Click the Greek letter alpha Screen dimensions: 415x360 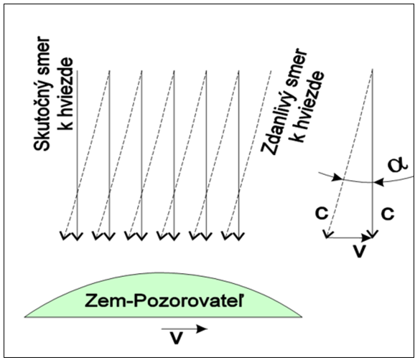click(x=398, y=164)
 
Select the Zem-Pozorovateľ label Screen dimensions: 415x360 click(x=164, y=300)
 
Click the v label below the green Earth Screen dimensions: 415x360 click(x=176, y=338)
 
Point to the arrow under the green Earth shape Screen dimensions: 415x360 click(x=185, y=329)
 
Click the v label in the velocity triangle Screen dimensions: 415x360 click(x=359, y=251)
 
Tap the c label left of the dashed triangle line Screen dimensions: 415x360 click(x=322, y=213)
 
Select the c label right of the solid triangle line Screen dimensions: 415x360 click(x=388, y=213)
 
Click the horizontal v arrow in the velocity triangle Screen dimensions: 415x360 click(x=350, y=238)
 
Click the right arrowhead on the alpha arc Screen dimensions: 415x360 click(x=378, y=182)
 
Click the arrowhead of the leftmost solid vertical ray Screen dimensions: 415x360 click(x=78, y=236)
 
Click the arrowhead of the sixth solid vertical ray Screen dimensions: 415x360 click(x=238, y=236)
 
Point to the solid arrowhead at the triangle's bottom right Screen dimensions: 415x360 click(x=373, y=234)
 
